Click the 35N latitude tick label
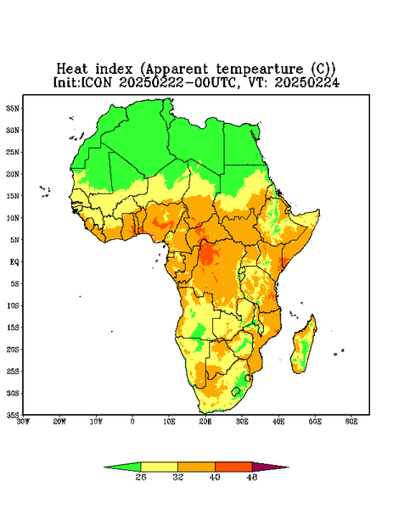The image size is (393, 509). coord(13,108)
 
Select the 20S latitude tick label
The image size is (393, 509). coord(13,350)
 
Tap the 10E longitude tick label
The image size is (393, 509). coord(169,422)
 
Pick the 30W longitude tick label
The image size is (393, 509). coord(23,422)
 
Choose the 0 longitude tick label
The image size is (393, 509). coord(132,422)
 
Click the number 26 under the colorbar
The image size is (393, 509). coord(141,477)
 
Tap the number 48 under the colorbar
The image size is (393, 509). coord(252,477)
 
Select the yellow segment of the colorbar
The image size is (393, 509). coord(159,467)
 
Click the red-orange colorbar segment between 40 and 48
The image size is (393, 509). coord(233,467)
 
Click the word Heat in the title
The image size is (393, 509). coord(72,70)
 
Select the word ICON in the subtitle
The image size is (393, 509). coord(96,82)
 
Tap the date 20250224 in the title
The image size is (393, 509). coord(307,82)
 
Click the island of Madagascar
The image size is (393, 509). coord(304,346)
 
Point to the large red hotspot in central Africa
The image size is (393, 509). coord(208,254)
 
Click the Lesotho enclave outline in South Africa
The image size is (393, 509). coord(236,391)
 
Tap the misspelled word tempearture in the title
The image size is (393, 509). coord(260,70)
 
